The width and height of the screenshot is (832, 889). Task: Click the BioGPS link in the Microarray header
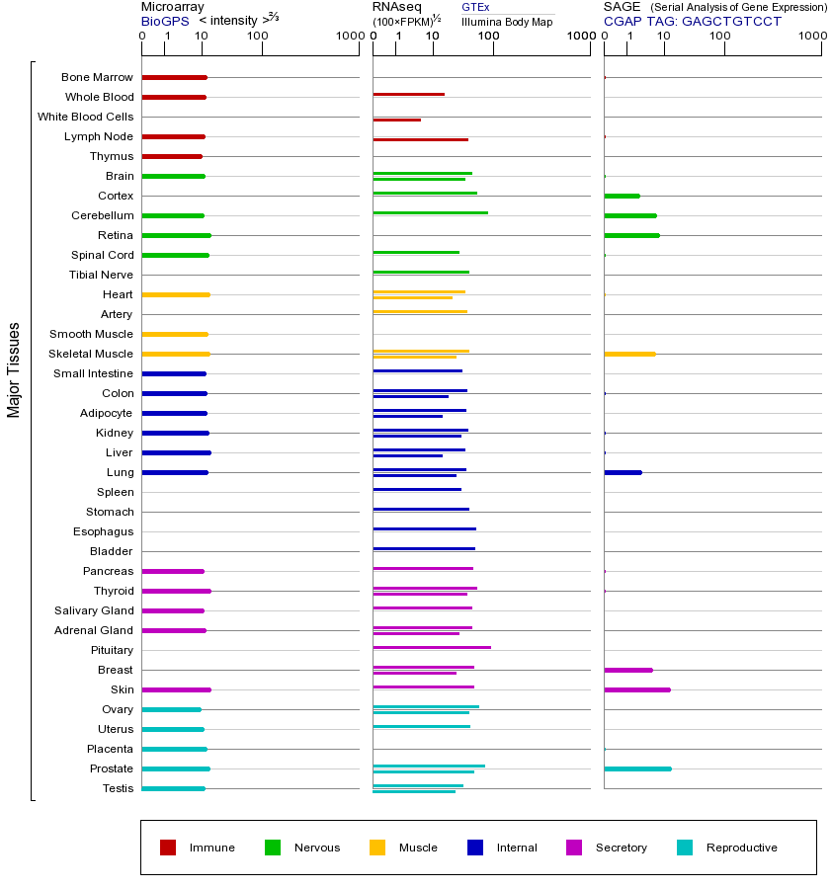(165, 21)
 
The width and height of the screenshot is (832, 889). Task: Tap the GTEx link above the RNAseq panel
(475, 7)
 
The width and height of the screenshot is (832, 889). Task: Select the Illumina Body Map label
(507, 22)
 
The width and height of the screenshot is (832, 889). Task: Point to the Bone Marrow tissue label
(97, 77)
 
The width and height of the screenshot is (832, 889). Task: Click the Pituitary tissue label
(112, 650)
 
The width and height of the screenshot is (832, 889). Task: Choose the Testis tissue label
(118, 788)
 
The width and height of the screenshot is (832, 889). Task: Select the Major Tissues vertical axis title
(14, 369)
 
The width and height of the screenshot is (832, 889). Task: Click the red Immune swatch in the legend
(168, 848)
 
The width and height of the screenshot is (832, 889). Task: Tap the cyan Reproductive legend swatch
(685, 848)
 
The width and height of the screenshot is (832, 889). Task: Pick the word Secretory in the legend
(621, 848)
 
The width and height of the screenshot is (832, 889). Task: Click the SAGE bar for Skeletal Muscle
(629, 354)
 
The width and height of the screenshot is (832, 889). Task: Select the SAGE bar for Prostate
(637, 768)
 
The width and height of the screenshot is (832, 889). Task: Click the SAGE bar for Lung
(623, 472)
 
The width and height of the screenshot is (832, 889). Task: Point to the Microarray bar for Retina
(176, 235)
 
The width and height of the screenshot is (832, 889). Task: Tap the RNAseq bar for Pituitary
(431, 647)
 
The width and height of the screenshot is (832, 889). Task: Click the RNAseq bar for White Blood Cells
(396, 120)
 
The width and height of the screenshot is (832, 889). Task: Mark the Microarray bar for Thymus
(172, 156)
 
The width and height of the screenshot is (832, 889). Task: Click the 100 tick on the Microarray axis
(258, 37)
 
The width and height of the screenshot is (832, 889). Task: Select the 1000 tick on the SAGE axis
(812, 37)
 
